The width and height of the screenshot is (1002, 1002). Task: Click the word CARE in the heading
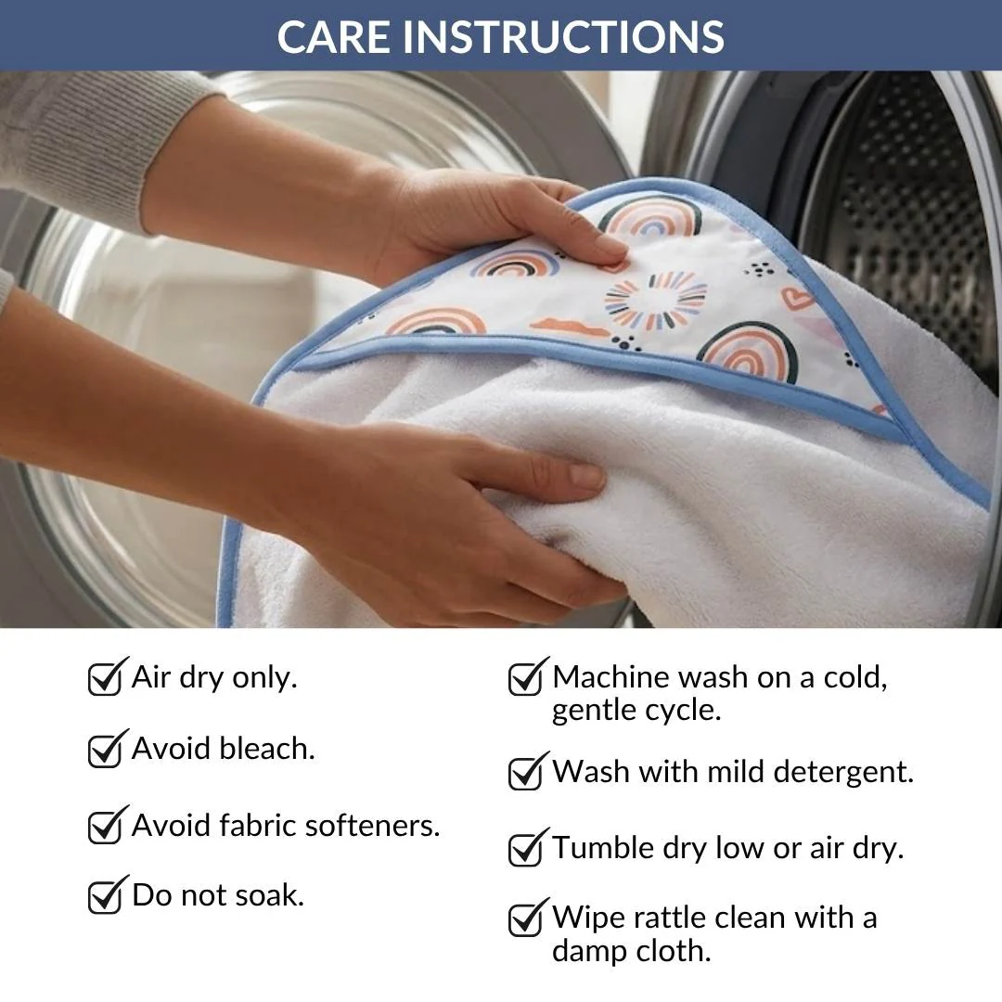[333, 36]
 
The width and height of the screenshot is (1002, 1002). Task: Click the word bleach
[267, 749]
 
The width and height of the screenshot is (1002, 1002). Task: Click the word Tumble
[603, 847]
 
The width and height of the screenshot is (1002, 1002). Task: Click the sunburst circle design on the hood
[656, 301]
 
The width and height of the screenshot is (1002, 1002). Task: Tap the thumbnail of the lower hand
[586, 475]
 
